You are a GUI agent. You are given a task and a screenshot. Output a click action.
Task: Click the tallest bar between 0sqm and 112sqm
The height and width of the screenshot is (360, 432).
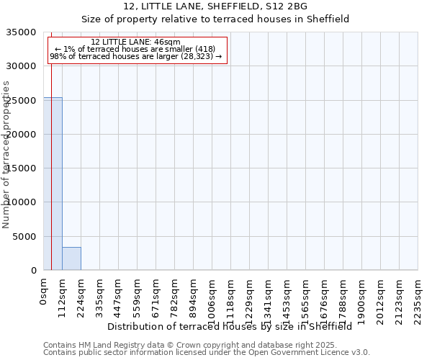coord(53,184)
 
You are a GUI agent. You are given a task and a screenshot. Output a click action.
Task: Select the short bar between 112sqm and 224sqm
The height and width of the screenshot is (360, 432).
coord(71,258)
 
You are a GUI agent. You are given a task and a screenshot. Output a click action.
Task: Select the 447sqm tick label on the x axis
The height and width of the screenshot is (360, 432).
coord(119,295)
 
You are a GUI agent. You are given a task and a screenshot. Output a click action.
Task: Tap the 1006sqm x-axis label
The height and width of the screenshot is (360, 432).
coord(212,297)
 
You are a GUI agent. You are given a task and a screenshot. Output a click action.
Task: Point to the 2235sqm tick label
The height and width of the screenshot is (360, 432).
coord(418,297)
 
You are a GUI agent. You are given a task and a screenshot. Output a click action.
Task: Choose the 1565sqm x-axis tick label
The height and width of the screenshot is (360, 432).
coord(306,297)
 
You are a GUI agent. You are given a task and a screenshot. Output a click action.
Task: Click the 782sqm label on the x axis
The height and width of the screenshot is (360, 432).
coord(175,295)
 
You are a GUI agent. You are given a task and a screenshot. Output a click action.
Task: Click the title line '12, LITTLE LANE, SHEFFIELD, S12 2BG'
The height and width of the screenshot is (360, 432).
coord(215,6)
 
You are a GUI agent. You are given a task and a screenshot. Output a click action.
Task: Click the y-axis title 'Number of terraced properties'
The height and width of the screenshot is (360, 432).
coord(6,154)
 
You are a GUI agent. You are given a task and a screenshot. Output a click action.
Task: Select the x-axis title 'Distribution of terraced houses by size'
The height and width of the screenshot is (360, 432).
coord(230,326)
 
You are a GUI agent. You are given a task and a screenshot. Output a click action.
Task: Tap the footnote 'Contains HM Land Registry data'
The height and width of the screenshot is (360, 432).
coord(206,345)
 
